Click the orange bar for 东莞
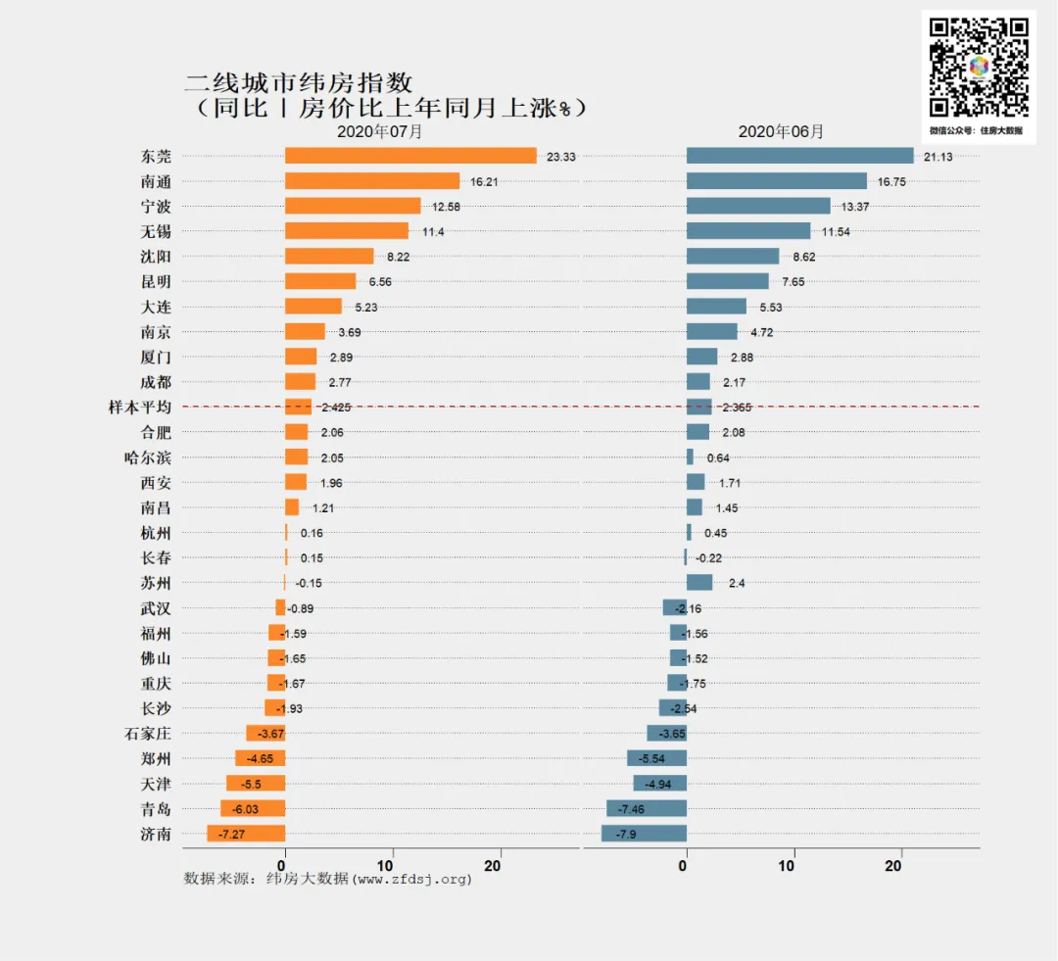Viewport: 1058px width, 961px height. [x=410, y=156]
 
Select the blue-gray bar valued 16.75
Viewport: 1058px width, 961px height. [x=776, y=181]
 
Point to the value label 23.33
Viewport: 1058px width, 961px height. [x=561, y=157]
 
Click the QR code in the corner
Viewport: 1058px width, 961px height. [x=979, y=68]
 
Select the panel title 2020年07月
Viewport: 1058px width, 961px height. [x=380, y=131]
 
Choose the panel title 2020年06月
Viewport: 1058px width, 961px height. [x=781, y=131]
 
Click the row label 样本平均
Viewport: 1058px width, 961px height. [x=139, y=408]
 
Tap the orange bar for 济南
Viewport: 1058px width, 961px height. [x=246, y=834]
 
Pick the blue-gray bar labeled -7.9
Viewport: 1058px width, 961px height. [x=644, y=834]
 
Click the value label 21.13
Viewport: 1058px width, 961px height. [x=938, y=157]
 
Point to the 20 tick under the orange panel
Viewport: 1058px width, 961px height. [x=500, y=866]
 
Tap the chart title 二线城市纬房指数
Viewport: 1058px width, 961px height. [x=299, y=82]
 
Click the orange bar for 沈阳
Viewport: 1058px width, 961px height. [x=329, y=257]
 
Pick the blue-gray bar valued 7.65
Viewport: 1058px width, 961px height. [x=727, y=282]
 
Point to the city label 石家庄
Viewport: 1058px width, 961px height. [x=147, y=733]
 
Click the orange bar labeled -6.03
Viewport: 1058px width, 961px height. [x=253, y=809]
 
